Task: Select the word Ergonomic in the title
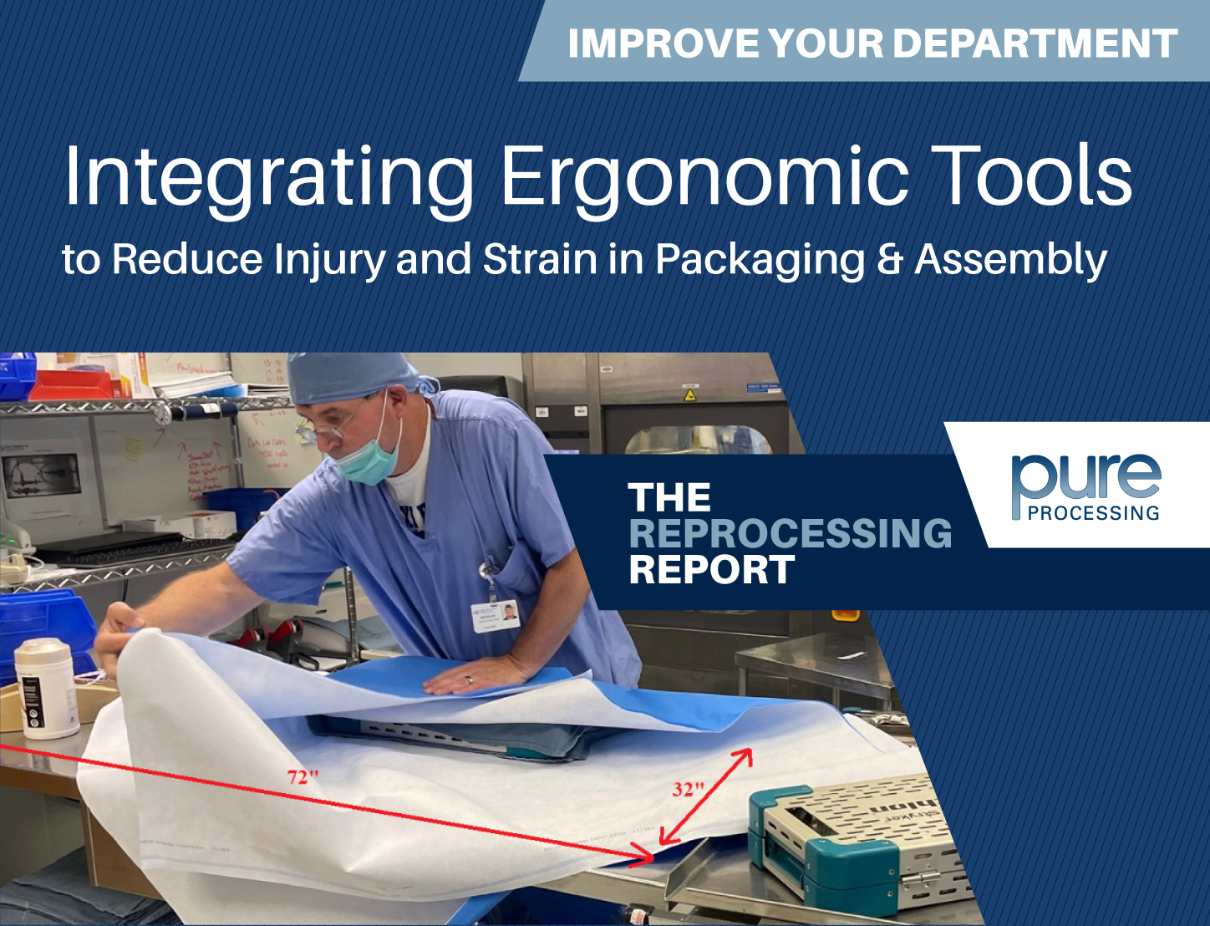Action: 704,177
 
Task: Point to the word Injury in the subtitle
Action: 329,260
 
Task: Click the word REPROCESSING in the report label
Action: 790,534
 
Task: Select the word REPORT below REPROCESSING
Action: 711,571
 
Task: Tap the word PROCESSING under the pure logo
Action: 1093,513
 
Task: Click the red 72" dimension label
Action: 303,776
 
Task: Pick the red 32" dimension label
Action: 689,789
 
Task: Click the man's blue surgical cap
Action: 351,377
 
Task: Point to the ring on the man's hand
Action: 469,680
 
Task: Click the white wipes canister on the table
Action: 45,687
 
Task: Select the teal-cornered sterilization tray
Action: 852,840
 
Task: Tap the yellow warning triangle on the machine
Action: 690,394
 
